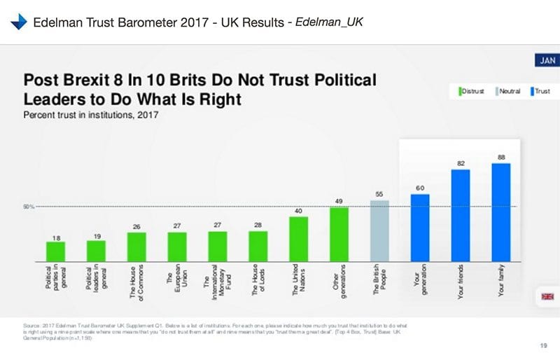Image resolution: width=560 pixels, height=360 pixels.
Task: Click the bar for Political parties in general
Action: pos(56,251)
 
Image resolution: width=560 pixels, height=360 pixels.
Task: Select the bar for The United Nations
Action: pos(299,238)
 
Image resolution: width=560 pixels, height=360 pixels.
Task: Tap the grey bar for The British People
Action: pos(379,230)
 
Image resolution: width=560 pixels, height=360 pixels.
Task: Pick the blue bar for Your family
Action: pos(500,212)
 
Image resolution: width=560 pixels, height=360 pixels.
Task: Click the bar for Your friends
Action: pos(460,215)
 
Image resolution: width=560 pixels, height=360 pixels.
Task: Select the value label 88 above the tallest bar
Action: pos(501,158)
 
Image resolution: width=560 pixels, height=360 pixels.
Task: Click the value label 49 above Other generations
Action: pos(339,201)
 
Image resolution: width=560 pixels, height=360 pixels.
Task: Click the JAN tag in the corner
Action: pos(545,61)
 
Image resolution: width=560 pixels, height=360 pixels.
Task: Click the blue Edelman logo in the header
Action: pos(19,22)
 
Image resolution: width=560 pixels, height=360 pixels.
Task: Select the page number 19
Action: pos(544,343)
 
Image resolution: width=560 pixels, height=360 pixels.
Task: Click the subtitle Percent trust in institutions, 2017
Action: pos(91,114)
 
